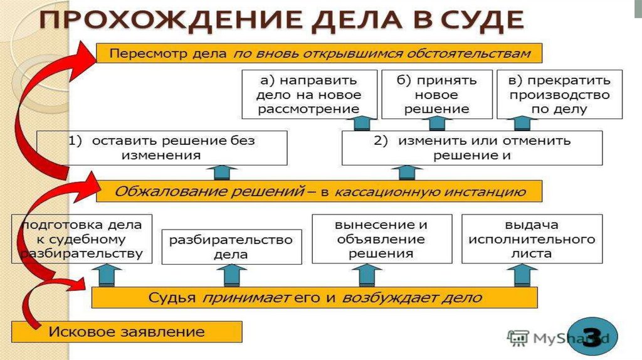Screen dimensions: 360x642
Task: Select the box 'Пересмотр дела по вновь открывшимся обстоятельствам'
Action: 319,53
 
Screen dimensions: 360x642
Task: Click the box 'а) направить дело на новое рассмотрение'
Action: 309,95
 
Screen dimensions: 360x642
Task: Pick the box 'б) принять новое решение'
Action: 437,95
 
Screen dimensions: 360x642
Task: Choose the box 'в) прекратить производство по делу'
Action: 559,95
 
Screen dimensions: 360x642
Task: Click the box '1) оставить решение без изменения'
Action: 162,148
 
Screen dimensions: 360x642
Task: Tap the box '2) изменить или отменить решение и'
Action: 471,148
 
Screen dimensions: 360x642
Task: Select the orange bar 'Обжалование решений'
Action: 319,191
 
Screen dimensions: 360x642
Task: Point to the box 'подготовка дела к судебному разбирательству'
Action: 82,239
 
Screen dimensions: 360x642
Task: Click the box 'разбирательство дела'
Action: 231,247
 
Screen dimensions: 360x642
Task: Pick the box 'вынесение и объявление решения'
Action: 381,239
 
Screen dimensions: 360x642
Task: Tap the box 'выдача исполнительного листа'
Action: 532,239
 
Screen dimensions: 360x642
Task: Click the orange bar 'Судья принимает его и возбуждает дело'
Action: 314,297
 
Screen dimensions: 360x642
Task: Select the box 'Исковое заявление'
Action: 127,331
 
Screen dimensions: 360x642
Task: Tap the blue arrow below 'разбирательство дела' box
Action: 231,275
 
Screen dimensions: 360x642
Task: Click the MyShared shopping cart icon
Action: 518,338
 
